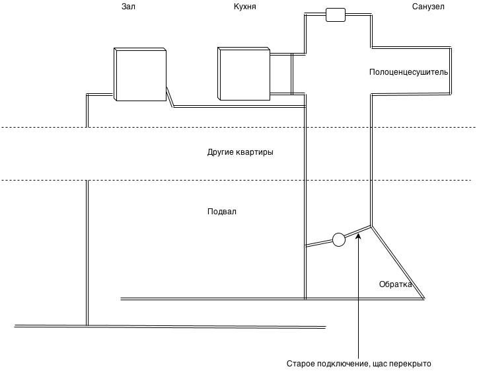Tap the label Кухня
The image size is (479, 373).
(245, 6)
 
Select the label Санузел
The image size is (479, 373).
(429, 6)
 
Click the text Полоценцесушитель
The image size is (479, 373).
(409, 71)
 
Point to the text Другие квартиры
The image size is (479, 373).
(240, 152)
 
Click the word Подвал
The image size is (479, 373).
(221, 212)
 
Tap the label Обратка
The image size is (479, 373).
(395, 284)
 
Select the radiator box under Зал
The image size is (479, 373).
(139, 73)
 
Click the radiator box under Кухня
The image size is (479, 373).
(244, 73)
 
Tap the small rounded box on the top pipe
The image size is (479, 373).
(336, 15)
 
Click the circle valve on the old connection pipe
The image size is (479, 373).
(338, 239)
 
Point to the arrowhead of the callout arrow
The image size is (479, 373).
(357, 236)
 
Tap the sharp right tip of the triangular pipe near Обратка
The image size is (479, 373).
(424, 298)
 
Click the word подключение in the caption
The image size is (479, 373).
(342, 364)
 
